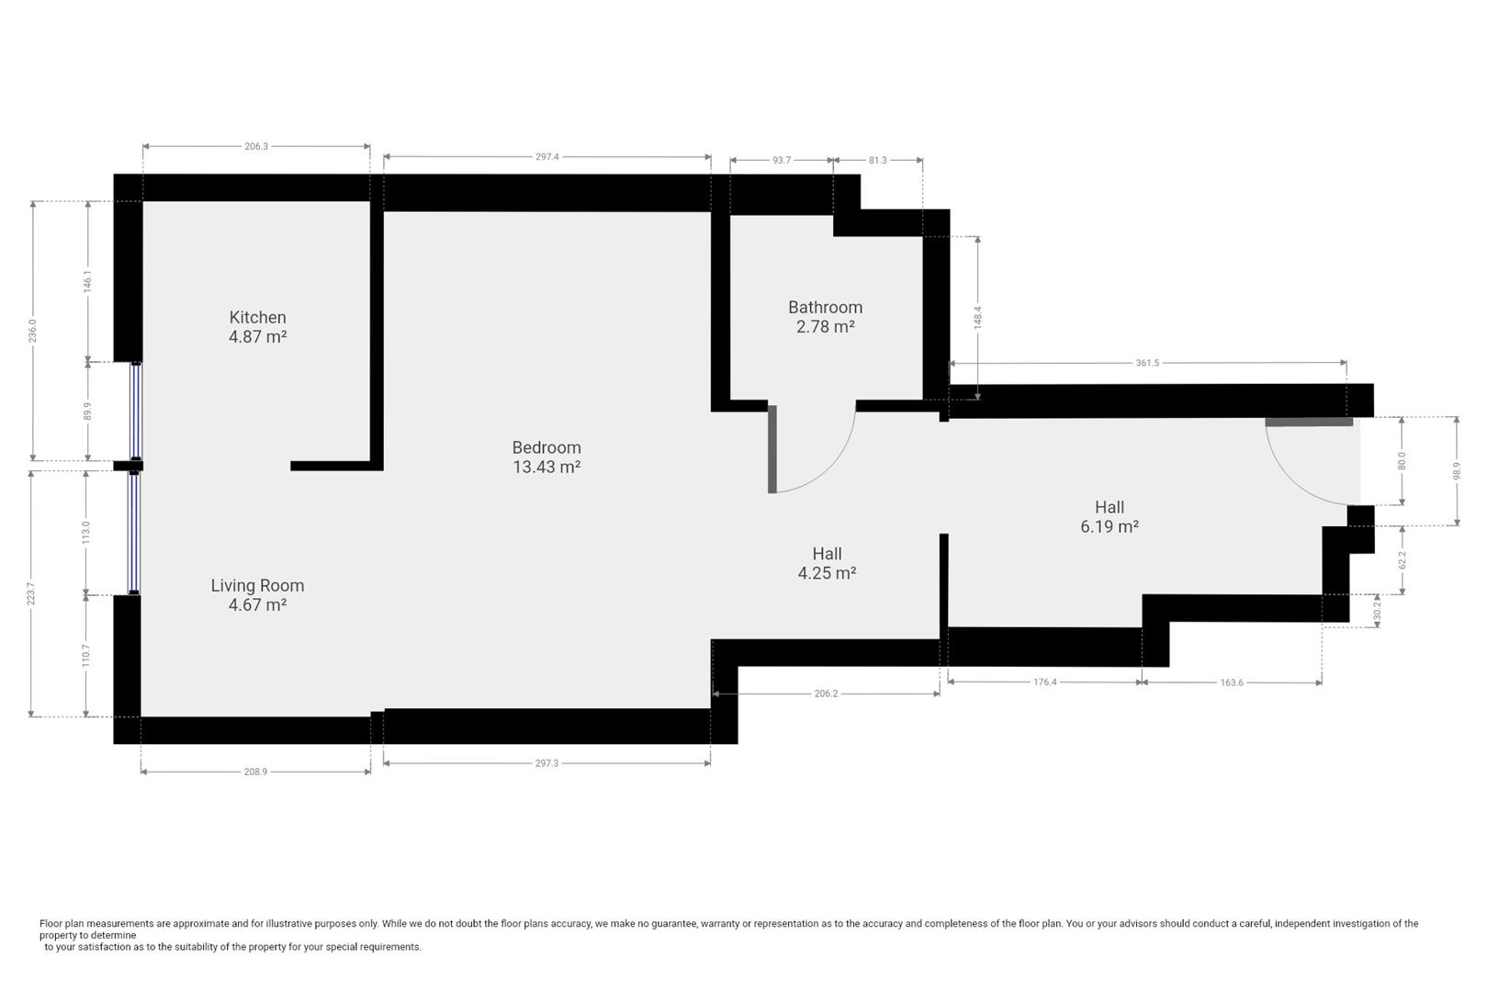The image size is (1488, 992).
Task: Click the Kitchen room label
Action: (x=258, y=317)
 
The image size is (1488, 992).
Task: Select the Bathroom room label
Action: (x=825, y=307)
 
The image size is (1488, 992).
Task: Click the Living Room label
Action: (x=257, y=585)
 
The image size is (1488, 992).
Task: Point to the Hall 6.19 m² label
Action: (x=1110, y=517)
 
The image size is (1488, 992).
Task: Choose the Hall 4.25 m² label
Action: (x=827, y=563)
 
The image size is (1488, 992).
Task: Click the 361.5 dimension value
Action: (x=1147, y=363)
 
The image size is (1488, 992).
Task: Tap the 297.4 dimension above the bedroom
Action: (x=547, y=157)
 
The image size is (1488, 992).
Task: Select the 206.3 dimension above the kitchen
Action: (x=256, y=146)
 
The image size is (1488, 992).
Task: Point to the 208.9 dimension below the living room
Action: (x=255, y=772)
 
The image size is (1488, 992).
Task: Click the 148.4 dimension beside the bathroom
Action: (x=977, y=318)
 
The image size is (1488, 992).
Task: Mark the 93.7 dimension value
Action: (x=782, y=160)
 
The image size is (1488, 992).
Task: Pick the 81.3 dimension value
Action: (x=877, y=160)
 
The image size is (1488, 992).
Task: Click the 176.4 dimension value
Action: (x=1045, y=682)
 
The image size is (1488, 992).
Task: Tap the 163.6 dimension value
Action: (x=1232, y=682)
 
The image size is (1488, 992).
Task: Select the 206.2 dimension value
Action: (x=826, y=693)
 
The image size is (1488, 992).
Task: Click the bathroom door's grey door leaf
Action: (x=772, y=449)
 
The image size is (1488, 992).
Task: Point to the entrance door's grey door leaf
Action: (x=1309, y=422)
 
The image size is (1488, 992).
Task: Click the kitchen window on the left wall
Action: (x=136, y=411)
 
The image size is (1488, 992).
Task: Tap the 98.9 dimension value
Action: (x=1457, y=471)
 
